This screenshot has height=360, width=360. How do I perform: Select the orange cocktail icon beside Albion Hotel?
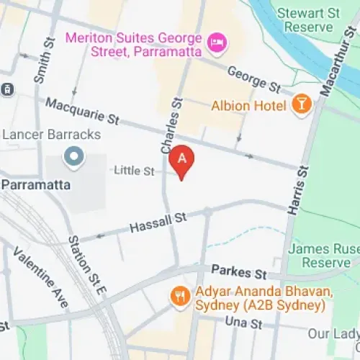[x=302, y=106]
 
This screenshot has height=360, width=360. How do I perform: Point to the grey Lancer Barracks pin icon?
[x=73, y=155]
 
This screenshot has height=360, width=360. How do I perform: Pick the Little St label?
[x=134, y=171]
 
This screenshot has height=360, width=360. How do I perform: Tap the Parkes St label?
[x=239, y=272]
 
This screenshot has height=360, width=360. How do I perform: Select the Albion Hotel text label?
[x=250, y=106]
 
